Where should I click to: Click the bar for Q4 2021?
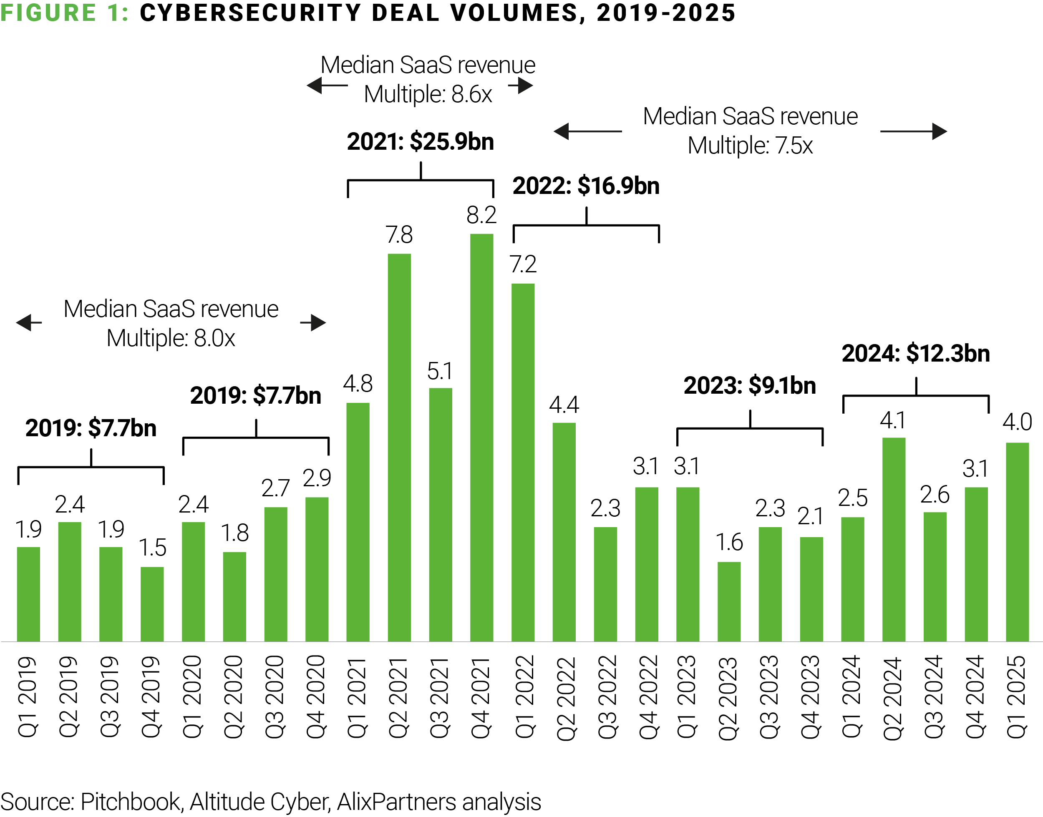click(481, 437)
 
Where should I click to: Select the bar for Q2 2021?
click(399, 447)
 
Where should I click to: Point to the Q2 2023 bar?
click(729, 601)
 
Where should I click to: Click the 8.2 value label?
click(481, 215)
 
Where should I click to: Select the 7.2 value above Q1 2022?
click(522, 264)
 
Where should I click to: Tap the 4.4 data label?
click(564, 405)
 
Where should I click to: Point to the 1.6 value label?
click(729, 543)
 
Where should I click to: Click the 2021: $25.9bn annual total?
click(420, 141)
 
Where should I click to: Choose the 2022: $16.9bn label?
click(586, 186)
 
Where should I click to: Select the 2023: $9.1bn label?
click(749, 385)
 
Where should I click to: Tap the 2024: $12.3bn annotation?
click(915, 354)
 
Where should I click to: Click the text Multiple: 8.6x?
click(428, 94)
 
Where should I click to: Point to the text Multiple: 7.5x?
click(750, 146)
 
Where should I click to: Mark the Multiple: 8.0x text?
click(171, 338)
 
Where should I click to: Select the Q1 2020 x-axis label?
click(193, 696)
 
